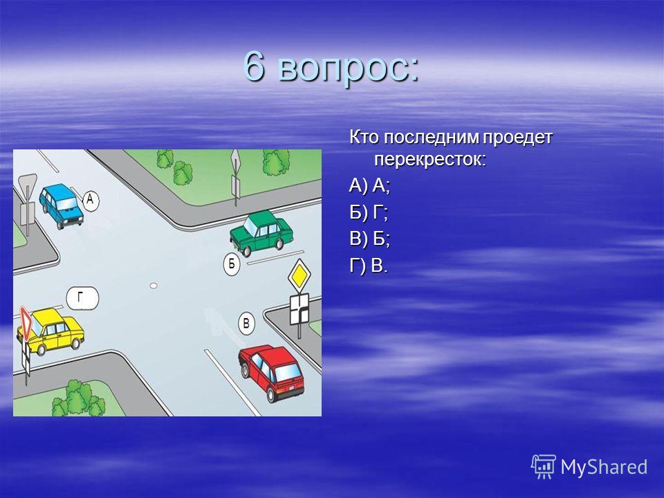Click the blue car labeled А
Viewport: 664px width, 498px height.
pos(62,206)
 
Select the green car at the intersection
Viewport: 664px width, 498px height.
pos(261,232)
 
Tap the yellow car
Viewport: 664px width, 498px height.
pos(50,331)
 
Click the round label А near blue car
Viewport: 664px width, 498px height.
pos(90,200)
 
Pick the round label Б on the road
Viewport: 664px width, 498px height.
pos(232,265)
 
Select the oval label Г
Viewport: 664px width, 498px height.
pos(82,298)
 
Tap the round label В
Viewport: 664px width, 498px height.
pos(246,324)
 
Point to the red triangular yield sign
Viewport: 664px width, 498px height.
pos(26,324)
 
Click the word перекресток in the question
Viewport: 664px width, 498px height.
pos(430,160)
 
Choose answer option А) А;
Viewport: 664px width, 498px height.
pos(369,186)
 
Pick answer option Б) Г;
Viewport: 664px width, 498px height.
pos(369,213)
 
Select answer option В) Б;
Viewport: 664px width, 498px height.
pos(369,240)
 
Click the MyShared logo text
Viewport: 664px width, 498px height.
pos(604,467)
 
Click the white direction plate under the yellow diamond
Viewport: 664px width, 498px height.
pos(299,310)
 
